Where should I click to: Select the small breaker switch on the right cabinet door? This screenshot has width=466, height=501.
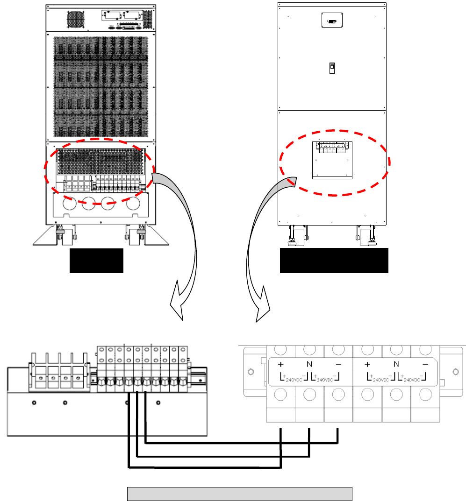(x=331, y=68)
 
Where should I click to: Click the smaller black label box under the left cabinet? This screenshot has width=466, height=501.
(x=96, y=261)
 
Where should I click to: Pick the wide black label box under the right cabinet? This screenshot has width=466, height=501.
(x=334, y=261)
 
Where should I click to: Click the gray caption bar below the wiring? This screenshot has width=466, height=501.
(x=239, y=494)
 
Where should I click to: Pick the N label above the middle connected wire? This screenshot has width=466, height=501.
(x=309, y=364)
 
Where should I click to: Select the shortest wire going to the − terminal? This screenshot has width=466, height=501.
(x=241, y=442)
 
